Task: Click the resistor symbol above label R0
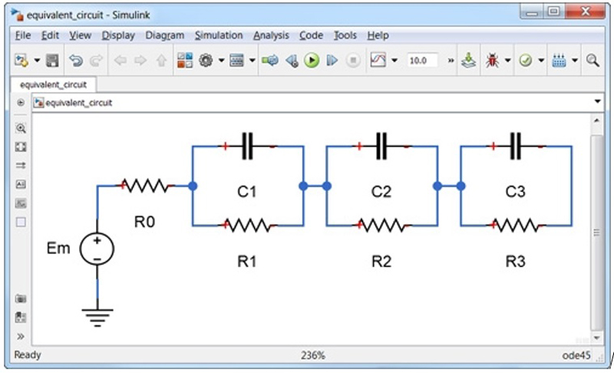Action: [145, 185]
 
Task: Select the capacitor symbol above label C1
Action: [246, 145]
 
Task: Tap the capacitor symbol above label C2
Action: [381, 145]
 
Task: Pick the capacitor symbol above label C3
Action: [516, 145]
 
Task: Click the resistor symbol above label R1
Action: [246, 226]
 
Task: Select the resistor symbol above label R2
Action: [381, 226]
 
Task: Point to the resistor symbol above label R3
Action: [516, 226]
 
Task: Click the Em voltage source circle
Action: [97, 249]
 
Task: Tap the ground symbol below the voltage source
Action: [97, 315]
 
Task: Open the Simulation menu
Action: [218, 35]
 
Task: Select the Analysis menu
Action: [271, 35]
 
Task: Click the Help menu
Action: [378, 35]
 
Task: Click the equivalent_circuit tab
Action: [53, 84]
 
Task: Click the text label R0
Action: [144, 222]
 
